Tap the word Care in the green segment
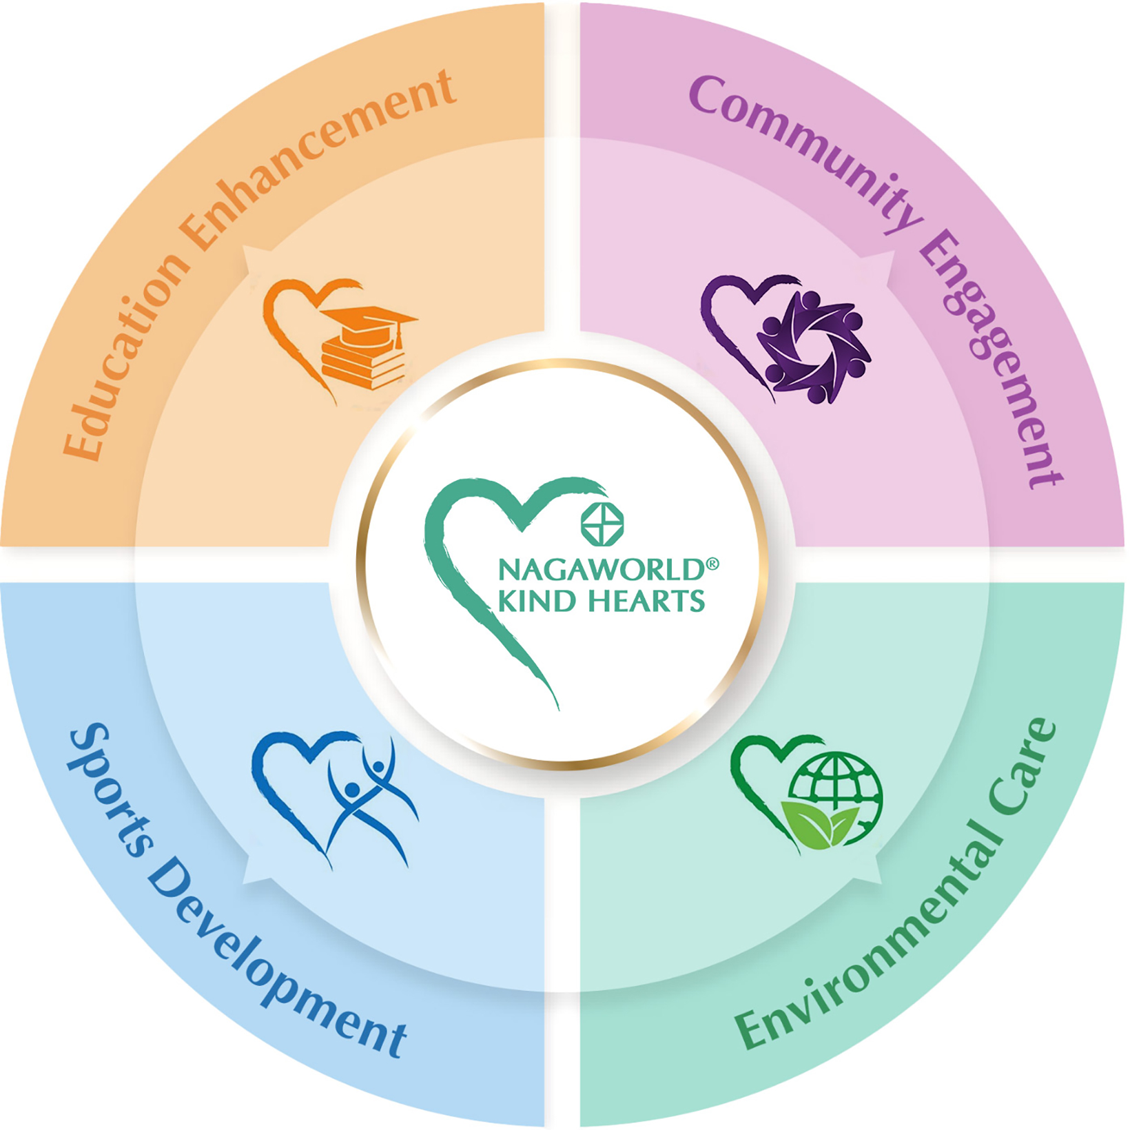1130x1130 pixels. (x=1023, y=765)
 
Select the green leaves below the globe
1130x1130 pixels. (x=820, y=823)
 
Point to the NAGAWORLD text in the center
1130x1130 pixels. (x=599, y=570)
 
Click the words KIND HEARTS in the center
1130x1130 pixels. (x=601, y=601)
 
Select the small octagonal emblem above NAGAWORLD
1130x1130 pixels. (x=602, y=524)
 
